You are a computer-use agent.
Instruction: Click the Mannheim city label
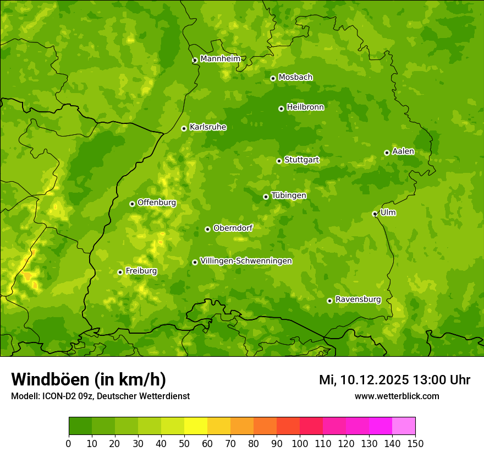coord(220,59)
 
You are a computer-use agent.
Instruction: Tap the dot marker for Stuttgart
coord(279,161)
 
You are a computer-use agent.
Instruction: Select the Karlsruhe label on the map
coord(207,127)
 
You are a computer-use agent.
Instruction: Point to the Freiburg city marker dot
coord(120,272)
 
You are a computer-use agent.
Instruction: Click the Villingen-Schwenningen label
coord(246,261)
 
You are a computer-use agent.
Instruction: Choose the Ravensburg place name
coord(358,300)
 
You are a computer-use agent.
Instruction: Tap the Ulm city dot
coord(375,214)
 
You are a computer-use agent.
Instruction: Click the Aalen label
coord(403,151)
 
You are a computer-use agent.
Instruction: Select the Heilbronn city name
coord(305,107)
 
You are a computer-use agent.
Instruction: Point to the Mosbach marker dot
coord(273,78)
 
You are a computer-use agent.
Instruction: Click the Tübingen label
coord(289,195)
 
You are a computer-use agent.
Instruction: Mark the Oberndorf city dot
coord(207,229)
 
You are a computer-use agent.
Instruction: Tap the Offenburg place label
coord(157,203)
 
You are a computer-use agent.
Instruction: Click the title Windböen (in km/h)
coord(89,379)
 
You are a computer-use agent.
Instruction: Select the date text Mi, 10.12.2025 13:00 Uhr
coord(394,380)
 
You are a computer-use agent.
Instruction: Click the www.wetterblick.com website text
coord(397,396)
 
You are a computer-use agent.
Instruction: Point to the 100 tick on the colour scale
coord(300,444)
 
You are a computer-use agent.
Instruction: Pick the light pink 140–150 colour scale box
coord(404,426)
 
